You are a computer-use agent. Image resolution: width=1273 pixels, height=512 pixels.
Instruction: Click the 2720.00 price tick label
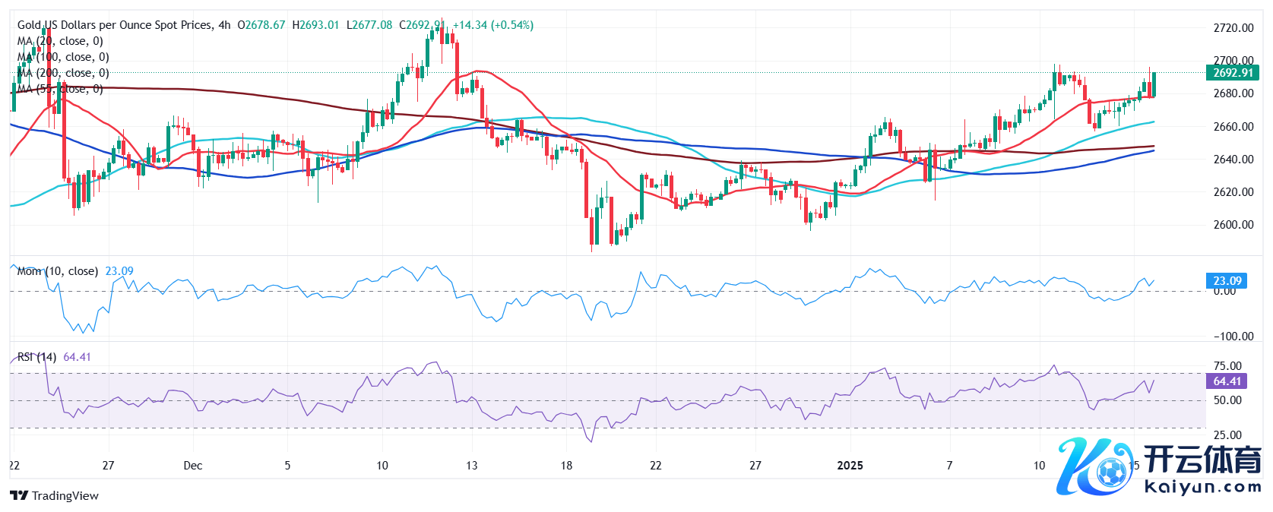click(x=1233, y=28)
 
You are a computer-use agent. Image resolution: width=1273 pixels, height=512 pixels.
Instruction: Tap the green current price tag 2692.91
click(x=1232, y=73)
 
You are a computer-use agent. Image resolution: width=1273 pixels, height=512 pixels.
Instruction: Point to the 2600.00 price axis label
click(x=1233, y=225)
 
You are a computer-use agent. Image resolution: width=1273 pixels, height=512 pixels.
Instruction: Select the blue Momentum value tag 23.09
click(x=1227, y=281)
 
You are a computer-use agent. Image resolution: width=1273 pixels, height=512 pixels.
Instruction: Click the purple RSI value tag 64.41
click(x=1227, y=381)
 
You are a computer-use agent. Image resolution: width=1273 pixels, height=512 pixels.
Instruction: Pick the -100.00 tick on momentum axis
click(x=1233, y=337)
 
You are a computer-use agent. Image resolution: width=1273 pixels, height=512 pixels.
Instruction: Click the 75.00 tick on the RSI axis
click(x=1227, y=366)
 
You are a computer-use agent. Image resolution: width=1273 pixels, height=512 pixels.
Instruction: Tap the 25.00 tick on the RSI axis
click(x=1227, y=435)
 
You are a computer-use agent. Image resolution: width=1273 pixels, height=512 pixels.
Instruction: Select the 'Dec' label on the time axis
click(x=193, y=466)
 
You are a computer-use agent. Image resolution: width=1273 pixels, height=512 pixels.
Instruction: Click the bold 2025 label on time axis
click(x=850, y=466)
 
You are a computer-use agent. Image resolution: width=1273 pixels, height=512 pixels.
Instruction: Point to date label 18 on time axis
click(x=566, y=466)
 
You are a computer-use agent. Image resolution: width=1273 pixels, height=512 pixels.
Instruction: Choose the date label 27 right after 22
click(x=109, y=466)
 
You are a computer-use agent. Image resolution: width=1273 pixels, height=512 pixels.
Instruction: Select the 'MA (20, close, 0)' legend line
click(x=60, y=41)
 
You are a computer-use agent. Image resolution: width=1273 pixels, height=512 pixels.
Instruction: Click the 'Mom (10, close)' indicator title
click(x=58, y=271)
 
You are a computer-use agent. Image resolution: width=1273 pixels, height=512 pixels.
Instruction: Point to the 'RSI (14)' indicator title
click(x=36, y=357)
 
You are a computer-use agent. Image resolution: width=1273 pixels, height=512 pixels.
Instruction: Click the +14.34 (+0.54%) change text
click(x=493, y=25)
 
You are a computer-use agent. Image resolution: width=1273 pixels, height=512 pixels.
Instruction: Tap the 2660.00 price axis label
click(x=1233, y=127)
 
